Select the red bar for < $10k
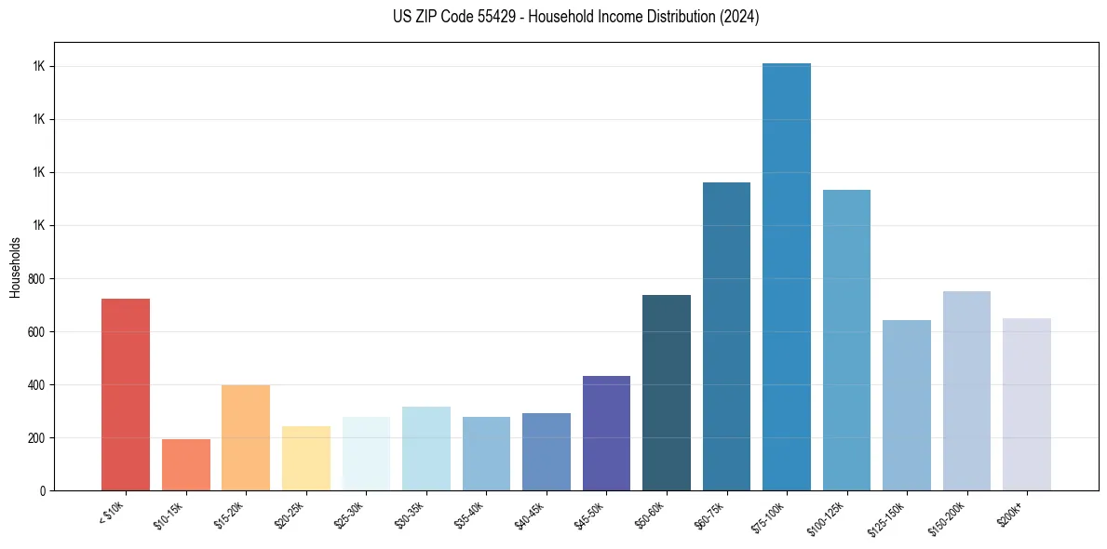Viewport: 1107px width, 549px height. (126, 395)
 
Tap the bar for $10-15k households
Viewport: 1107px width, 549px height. (185, 464)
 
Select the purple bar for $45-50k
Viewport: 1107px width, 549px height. (606, 433)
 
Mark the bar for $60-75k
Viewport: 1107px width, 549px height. (726, 336)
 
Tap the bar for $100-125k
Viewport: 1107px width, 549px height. (846, 340)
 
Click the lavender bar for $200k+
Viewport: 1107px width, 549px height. (1026, 404)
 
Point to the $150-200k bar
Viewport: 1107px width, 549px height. (966, 391)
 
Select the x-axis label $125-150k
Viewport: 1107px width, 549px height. (887, 516)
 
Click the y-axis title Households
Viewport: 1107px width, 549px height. (15, 267)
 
